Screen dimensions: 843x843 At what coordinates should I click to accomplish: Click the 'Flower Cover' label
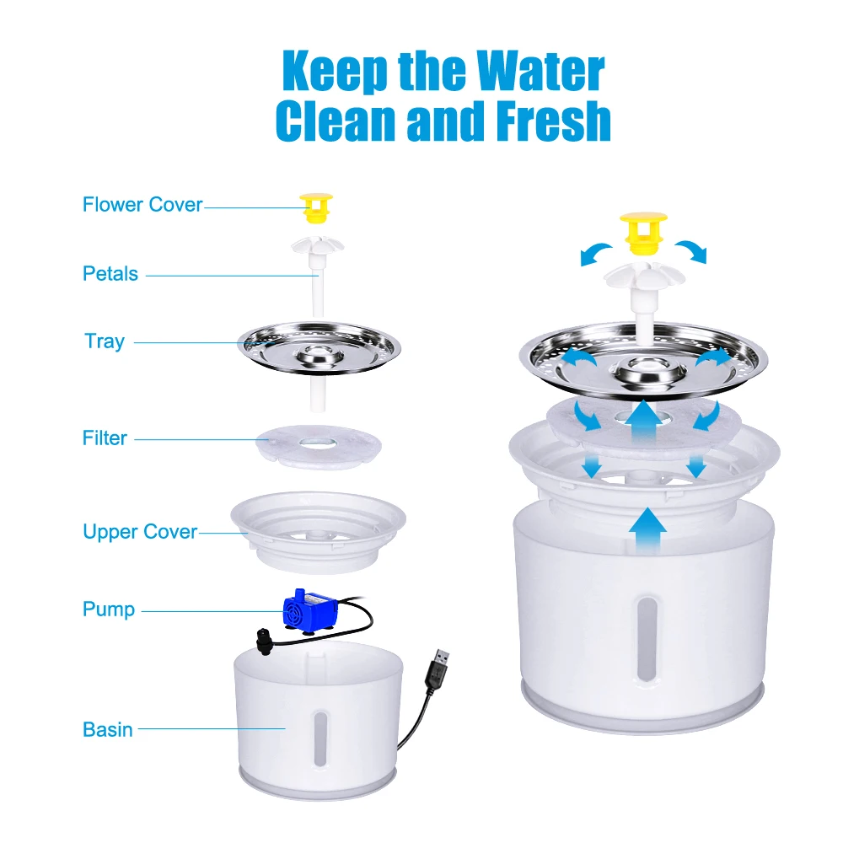(142, 205)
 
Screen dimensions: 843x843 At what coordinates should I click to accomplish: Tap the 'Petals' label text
(110, 274)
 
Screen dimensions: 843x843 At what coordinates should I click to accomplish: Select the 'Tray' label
(105, 341)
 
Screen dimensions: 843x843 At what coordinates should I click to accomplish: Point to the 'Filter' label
(105, 438)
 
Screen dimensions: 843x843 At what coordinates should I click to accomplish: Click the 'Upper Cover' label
(140, 532)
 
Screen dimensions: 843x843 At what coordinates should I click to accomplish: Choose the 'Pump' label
(109, 609)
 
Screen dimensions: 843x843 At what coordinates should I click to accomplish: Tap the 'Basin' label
(108, 729)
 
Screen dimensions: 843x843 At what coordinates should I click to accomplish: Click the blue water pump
(310, 609)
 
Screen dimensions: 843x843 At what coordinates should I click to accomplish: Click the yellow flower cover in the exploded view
(316, 208)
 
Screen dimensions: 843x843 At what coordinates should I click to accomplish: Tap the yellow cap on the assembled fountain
(643, 234)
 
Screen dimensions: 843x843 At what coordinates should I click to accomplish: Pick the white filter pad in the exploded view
(319, 446)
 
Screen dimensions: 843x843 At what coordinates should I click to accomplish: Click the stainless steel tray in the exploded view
(319, 348)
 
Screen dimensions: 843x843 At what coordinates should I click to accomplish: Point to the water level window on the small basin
(320, 738)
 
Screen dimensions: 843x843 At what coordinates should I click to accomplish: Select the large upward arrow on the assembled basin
(647, 530)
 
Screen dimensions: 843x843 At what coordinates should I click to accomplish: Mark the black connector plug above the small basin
(264, 642)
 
